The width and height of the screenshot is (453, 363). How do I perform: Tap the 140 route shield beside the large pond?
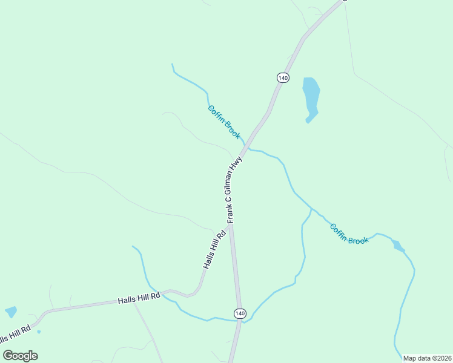pos(283,77)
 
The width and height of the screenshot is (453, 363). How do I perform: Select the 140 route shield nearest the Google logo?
pos(240,313)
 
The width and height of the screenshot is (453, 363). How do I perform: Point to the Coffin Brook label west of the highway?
pos(224,122)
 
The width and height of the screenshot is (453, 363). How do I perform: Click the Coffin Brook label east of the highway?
pos(349,234)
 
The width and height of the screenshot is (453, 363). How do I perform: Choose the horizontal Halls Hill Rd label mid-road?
pos(139,298)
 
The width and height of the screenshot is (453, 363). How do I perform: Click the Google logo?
pos(20,355)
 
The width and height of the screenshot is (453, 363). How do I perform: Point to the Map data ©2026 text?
pos(427,358)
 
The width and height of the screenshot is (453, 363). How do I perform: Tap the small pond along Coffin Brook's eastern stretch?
pos(397,245)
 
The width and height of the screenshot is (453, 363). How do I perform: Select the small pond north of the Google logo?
pos(11,312)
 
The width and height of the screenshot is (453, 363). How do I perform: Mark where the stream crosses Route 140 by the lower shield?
pos(242,321)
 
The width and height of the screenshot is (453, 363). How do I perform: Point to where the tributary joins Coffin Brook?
pos(312,209)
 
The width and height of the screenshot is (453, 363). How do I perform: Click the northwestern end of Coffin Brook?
pos(173,64)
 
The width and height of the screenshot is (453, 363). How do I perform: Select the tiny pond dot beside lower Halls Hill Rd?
pos(38,332)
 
